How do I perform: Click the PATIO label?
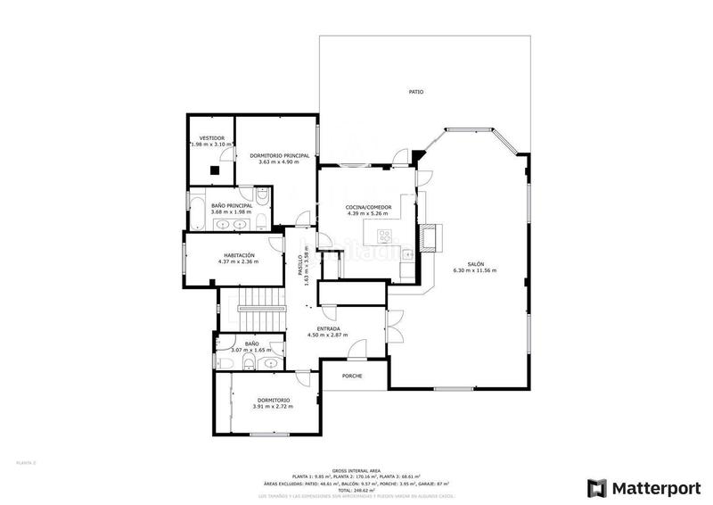pyautogui.click(x=416, y=92)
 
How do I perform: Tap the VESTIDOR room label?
pyautogui.click(x=211, y=138)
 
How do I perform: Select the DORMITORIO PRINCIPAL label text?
pyautogui.click(x=279, y=155)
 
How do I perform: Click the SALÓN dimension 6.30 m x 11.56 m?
pyautogui.click(x=474, y=270)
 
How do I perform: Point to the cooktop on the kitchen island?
pyautogui.click(x=385, y=236)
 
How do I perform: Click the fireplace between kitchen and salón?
pyautogui.click(x=432, y=236)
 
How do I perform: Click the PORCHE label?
pyautogui.click(x=353, y=376)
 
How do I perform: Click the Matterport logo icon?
pyautogui.click(x=595, y=487)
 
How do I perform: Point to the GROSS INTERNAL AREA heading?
pyautogui.click(x=356, y=469)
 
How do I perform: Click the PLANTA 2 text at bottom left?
pyautogui.click(x=26, y=462)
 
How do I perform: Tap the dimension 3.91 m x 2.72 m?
pyautogui.click(x=273, y=407)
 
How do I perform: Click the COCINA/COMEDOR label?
pyautogui.click(x=368, y=207)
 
